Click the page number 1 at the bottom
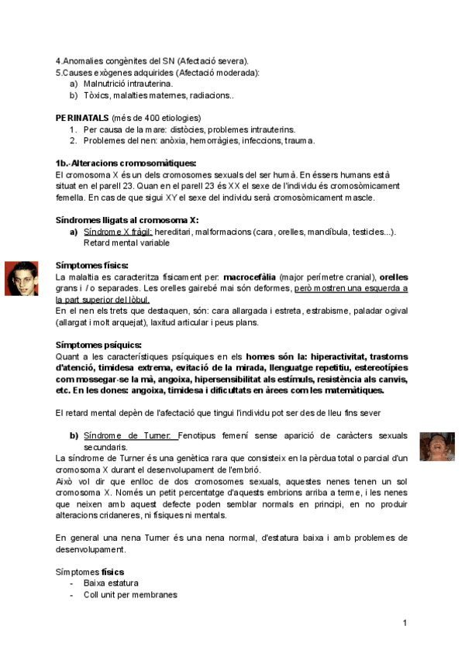pyautogui.click(x=405, y=624)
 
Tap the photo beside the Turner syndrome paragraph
pyautogui.click(x=437, y=447)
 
